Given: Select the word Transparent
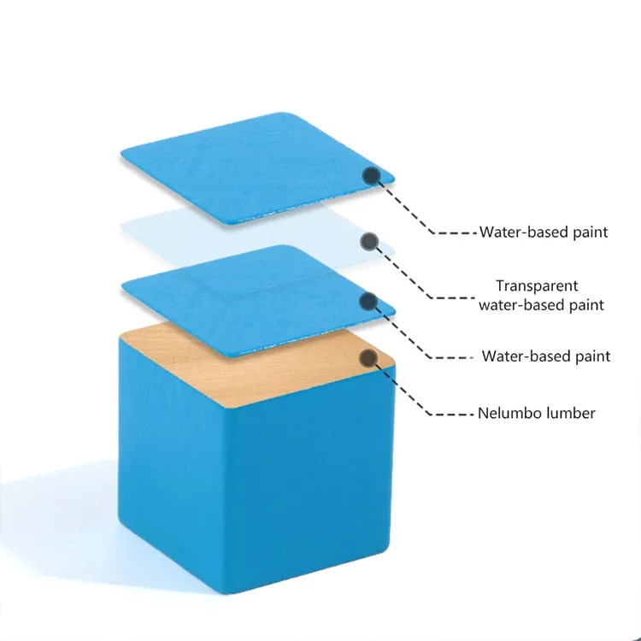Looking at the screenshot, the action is (x=538, y=285).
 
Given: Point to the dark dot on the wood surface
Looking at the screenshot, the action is (x=368, y=358).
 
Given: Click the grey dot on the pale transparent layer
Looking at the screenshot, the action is (x=369, y=241).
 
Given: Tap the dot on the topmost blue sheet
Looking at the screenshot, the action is (x=372, y=176).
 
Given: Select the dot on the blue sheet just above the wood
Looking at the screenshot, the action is (x=368, y=302).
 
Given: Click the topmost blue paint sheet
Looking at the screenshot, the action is (x=256, y=168).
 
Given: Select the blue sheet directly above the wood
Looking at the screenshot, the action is (x=257, y=301).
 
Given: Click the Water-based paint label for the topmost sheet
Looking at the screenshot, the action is (x=544, y=232).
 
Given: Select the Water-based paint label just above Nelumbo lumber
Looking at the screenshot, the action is (x=546, y=356).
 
